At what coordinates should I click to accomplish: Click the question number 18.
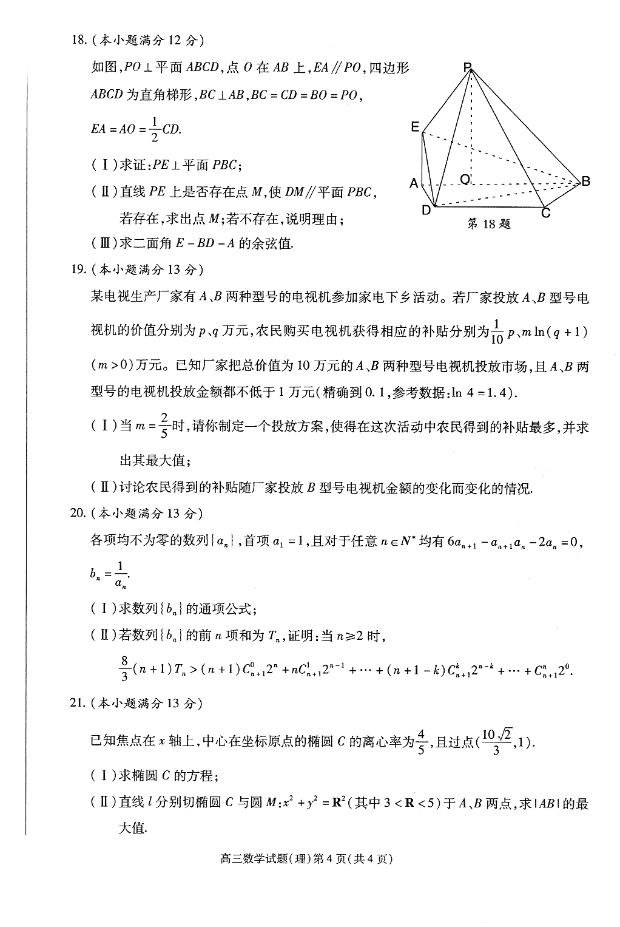(x=78, y=41)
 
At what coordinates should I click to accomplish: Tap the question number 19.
(x=79, y=269)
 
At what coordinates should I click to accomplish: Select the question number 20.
(x=79, y=513)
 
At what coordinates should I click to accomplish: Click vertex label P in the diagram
(x=468, y=68)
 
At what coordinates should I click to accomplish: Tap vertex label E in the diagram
(x=415, y=127)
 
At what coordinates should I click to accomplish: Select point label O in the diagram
(x=465, y=179)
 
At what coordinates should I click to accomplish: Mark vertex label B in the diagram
(x=585, y=181)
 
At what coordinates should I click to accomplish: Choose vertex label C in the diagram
(x=545, y=213)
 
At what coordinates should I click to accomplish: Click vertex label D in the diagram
(x=426, y=211)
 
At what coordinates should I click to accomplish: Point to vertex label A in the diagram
(x=414, y=183)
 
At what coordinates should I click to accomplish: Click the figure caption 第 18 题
(x=489, y=224)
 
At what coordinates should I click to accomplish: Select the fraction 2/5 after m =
(x=164, y=426)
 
